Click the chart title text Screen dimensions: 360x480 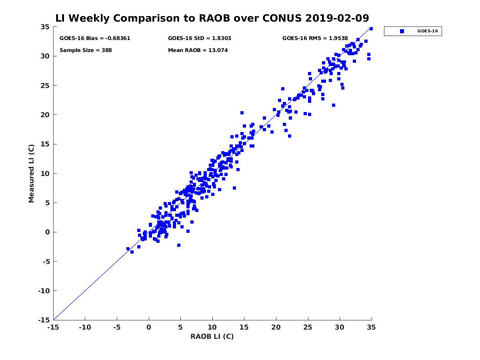point(212,18)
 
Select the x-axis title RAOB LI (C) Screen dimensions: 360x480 point(212,336)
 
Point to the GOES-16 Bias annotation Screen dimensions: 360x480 point(95,38)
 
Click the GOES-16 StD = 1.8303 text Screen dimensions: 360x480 point(199,38)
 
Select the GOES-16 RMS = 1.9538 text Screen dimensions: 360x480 point(315,38)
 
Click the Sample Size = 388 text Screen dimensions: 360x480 point(86,50)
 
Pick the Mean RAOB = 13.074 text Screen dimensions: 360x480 point(198,50)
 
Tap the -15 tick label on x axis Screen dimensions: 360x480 point(53,328)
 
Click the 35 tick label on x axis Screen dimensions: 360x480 point(372,328)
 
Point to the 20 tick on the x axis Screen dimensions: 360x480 point(276,328)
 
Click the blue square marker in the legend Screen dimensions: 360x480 point(402,31)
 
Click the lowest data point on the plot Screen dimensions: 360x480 point(132,252)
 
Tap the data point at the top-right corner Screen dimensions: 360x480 point(371,29)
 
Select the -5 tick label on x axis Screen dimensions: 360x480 point(116,328)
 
